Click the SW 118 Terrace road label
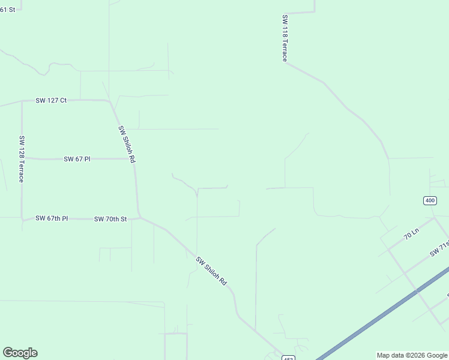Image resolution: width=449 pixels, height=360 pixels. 285,38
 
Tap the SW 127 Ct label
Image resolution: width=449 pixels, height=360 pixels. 51,100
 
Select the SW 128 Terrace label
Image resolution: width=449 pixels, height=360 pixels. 22,159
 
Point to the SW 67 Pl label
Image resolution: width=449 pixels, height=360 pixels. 77,159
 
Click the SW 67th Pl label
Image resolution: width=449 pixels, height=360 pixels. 52,218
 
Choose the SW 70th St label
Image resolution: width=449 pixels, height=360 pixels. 110,219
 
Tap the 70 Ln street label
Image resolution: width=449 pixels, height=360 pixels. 411,233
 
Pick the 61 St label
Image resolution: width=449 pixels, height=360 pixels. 8,10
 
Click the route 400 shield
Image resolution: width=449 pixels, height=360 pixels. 430,200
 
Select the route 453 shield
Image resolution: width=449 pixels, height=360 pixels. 289,357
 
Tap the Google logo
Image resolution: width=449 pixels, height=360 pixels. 20,353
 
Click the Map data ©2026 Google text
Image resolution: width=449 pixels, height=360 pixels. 412,355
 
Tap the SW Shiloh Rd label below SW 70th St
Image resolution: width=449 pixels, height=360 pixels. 211,271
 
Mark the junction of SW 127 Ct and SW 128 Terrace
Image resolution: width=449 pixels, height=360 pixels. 22,101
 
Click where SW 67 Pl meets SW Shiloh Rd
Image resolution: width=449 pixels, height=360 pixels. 133,159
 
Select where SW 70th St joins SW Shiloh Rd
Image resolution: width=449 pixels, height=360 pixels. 140,217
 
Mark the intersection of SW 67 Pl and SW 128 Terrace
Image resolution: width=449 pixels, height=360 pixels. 22,158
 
